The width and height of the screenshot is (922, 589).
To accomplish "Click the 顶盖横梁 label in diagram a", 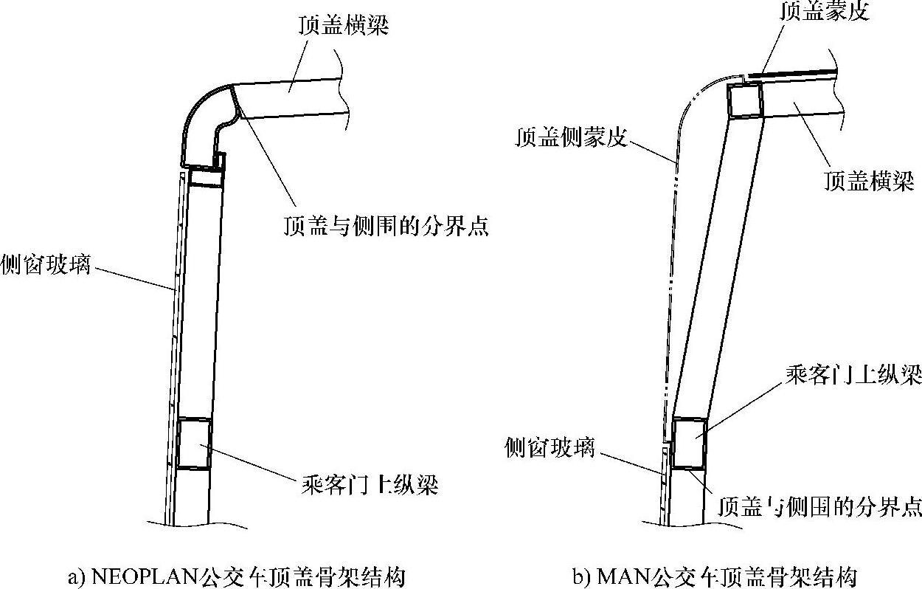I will coord(343,27).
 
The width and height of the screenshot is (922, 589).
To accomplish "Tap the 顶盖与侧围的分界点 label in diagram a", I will coord(386,225).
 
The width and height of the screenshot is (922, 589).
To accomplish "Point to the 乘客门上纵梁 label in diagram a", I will coord(370,485).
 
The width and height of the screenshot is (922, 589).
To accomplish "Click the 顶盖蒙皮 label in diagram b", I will coord(825,12).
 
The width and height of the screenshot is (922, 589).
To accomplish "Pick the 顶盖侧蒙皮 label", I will coord(571,138).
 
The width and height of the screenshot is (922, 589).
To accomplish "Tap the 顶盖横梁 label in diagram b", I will coord(868,180).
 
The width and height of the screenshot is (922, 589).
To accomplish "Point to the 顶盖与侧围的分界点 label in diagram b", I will coord(819,507).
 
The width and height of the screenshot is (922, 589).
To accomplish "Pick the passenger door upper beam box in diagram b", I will coord(689,443).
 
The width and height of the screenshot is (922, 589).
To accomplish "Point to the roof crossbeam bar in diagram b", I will coord(804,97).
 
